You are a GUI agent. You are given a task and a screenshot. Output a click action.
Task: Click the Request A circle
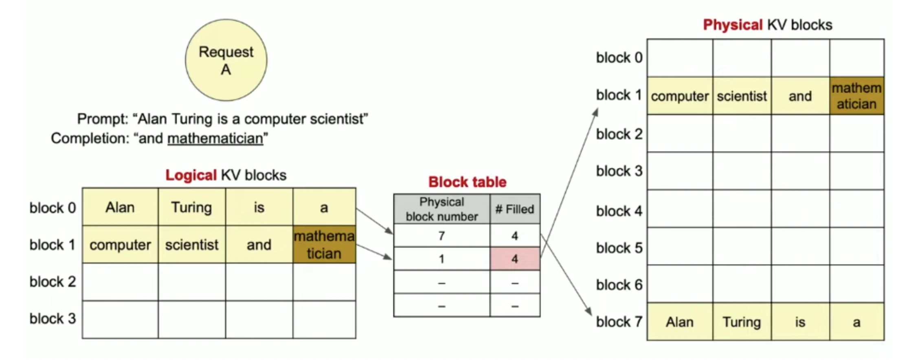(226, 60)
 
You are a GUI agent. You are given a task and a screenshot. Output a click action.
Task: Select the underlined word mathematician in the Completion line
(215, 138)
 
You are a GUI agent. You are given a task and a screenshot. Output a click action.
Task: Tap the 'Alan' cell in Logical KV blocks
(120, 207)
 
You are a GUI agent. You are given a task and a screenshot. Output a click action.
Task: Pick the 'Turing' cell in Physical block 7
(741, 322)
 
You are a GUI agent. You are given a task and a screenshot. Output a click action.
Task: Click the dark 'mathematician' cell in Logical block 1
(324, 245)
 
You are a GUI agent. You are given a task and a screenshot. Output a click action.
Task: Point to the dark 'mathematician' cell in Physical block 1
(856, 96)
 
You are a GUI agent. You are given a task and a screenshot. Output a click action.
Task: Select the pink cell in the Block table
(515, 259)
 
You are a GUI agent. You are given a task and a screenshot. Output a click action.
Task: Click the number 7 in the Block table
(441, 236)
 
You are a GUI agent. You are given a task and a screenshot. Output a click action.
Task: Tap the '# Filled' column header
(515, 209)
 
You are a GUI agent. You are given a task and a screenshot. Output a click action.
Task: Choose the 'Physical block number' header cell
(441, 209)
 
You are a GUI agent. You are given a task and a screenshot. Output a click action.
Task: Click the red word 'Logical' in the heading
(191, 175)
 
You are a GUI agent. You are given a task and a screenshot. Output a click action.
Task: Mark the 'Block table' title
(467, 182)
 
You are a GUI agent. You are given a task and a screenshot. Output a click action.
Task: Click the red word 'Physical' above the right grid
(732, 25)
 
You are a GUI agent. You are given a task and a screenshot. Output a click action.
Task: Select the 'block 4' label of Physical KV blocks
(619, 211)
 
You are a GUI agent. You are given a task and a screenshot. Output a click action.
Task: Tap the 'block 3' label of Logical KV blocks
(53, 318)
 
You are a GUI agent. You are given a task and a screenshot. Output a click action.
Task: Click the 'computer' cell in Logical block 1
(120, 245)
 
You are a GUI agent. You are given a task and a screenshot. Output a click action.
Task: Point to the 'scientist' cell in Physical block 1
(741, 96)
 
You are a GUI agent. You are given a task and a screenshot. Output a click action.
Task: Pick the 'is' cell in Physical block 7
(800, 322)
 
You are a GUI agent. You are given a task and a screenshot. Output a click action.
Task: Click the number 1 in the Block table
(441, 259)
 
